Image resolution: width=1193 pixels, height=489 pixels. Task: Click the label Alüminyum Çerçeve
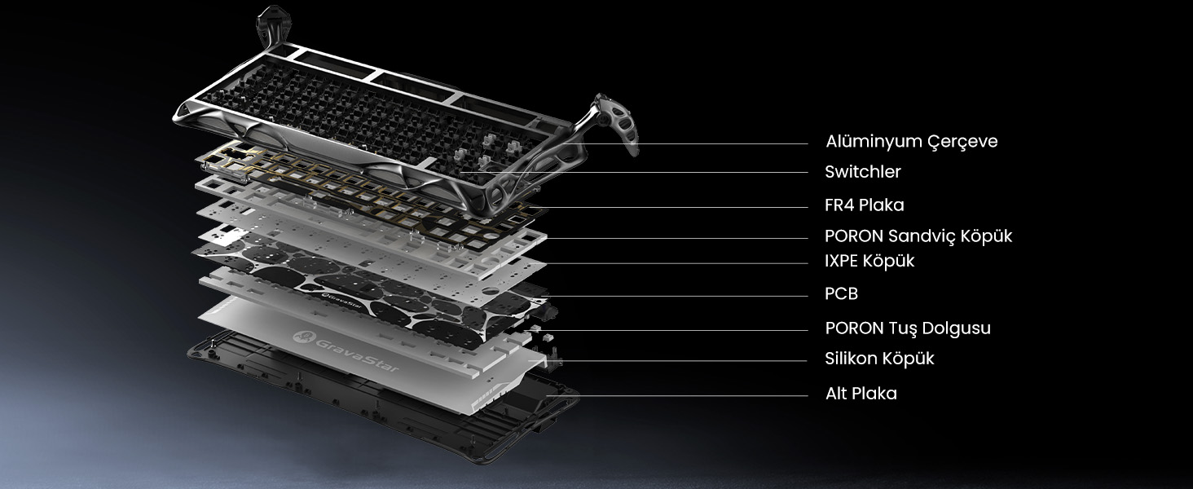[911, 142]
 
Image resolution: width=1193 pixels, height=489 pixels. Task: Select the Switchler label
[863, 171]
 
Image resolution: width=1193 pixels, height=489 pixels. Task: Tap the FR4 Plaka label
[865, 205]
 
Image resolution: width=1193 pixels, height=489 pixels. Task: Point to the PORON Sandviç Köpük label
[918, 236]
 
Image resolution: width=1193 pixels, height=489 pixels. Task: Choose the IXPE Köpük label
[869, 261]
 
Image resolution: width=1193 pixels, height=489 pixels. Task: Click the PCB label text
[842, 293]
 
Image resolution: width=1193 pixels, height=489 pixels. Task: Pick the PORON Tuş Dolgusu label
[908, 328]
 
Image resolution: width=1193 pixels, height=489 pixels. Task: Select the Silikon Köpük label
[879, 359]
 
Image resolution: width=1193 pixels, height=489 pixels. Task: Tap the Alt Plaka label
[861, 394]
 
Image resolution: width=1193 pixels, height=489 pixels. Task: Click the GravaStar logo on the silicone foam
[346, 351]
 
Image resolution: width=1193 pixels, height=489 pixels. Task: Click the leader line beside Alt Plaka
[676, 396]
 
